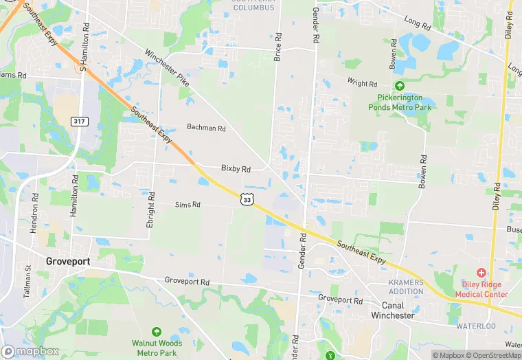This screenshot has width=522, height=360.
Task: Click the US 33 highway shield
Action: (x=247, y=199)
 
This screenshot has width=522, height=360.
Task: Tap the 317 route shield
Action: (x=80, y=121)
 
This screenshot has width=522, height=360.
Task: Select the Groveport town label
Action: (x=69, y=262)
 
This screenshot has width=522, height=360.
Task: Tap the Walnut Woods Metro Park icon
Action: (x=157, y=332)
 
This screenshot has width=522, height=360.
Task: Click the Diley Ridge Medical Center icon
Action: (x=481, y=273)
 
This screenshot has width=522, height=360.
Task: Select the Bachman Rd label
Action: (x=206, y=128)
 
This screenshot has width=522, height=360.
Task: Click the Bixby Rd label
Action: (x=236, y=168)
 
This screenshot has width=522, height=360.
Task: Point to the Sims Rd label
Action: (x=187, y=205)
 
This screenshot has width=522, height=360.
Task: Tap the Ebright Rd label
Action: (x=151, y=196)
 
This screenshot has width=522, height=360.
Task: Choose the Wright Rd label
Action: (x=362, y=84)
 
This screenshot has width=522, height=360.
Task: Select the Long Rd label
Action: (x=417, y=23)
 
